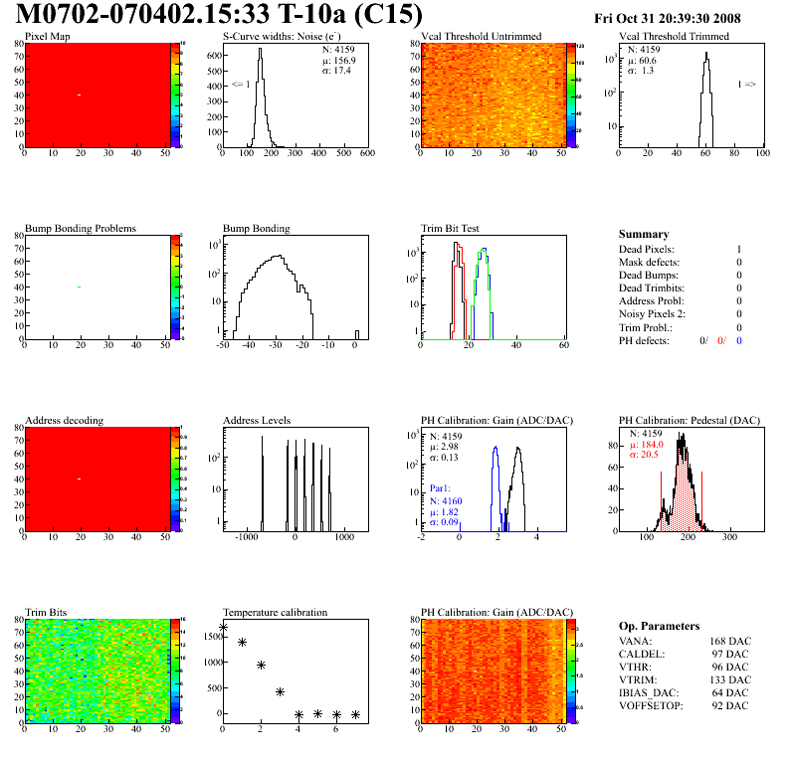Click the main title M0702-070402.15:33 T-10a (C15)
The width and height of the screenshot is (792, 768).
tap(219, 15)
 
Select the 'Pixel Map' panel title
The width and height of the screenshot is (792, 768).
tap(47, 37)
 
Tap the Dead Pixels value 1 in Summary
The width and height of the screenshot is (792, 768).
tap(739, 249)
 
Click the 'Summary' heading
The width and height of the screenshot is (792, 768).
tap(644, 234)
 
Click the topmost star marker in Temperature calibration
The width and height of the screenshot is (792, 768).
tap(223, 628)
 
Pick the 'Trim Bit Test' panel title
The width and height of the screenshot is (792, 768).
tap(450, 229)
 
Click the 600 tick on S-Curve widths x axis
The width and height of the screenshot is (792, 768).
tap(367, 154)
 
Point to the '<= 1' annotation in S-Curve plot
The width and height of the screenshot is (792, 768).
tap(240, 85)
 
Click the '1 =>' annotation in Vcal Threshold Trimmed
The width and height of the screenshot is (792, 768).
tap(746, 85)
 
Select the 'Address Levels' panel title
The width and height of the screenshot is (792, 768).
tap(258, 421)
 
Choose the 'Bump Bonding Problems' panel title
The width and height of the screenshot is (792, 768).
tap(81, 229)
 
